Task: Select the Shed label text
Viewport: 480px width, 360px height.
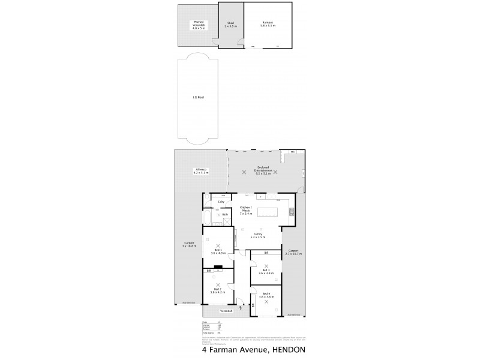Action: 230,25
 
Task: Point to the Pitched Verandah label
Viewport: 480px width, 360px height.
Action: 198,25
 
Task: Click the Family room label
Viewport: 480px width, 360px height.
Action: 257,235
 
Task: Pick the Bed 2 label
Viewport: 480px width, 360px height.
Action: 218,290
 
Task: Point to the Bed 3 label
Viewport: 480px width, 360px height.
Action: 266,271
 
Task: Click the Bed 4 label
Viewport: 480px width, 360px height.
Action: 266,295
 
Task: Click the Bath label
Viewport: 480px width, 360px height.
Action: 225,214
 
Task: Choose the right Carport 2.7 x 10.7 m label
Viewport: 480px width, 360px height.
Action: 294,252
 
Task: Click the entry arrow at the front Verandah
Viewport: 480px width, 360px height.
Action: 241,308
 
